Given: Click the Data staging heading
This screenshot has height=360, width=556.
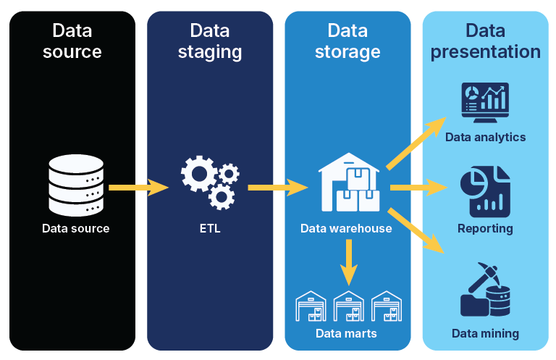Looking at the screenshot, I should coord(210,41).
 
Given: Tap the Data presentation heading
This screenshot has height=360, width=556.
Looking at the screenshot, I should coord(485,41).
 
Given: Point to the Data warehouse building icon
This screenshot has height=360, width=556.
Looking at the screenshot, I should coord(349,183).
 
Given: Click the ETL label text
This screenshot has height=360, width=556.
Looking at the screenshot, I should coord(210,229).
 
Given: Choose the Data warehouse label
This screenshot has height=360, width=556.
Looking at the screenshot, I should coord(346,229).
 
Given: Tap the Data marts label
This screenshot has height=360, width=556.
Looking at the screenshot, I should coord(346,334).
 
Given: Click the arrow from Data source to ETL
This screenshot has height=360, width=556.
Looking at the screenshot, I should coord(138,188).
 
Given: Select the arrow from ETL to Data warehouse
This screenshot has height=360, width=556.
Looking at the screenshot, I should coord(277,188).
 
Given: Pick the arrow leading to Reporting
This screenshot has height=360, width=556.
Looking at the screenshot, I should coord(418,188).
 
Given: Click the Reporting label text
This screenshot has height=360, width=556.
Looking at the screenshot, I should coord(485,229).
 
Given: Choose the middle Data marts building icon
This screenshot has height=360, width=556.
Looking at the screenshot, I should coord(349,306).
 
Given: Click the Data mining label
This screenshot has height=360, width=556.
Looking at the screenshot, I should coord(485,334).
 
